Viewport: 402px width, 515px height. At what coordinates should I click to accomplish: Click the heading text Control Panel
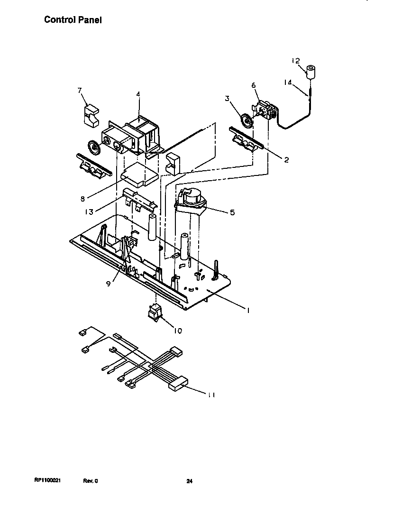[x=73, y=20]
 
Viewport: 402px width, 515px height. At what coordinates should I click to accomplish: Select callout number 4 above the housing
[x=138, y=94]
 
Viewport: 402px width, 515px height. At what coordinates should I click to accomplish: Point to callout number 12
[x=295, y=61]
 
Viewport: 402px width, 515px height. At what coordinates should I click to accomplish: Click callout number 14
[x=288, y=82]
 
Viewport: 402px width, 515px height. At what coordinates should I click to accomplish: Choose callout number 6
[x=253, y=85]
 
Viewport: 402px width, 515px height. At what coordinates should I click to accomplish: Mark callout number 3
[x=227, y=99]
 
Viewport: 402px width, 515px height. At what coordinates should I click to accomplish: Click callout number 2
[x=286, y=160]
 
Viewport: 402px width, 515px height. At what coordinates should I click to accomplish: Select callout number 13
[x=89, y=212]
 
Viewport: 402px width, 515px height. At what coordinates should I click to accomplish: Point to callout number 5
[x=232, y=212]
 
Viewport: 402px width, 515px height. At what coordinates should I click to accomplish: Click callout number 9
[x=109, y=283]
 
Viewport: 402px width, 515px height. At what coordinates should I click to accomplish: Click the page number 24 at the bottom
[x=189, y=481]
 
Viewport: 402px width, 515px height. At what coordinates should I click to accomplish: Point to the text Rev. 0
[x=90, y=481]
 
